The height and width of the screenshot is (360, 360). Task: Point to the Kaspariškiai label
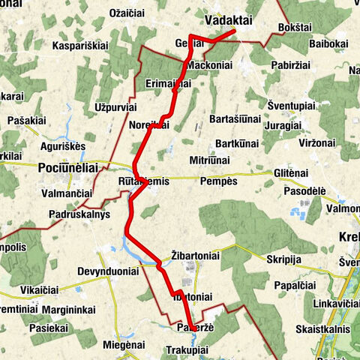pos(82,46)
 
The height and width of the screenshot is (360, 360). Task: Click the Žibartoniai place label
pos(195,255)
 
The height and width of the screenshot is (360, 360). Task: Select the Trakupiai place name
pos(187,349)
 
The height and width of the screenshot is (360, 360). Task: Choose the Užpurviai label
pos(115,108)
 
